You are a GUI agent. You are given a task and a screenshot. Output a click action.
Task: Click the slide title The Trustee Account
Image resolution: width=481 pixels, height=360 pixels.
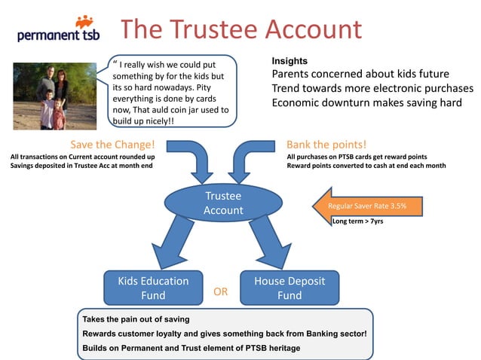pos(241,29)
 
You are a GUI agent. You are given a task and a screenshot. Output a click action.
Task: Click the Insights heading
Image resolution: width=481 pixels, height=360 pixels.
pos(290,60)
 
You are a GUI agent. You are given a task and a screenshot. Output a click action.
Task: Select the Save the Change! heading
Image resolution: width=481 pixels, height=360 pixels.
pos(112,144)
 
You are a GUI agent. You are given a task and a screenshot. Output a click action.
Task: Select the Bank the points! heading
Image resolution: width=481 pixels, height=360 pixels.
pos(326,144)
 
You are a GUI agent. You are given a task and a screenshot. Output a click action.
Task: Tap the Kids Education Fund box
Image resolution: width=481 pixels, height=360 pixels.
pos(153,288)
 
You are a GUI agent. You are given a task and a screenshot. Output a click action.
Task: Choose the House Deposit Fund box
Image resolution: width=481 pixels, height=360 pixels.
pos(289,288)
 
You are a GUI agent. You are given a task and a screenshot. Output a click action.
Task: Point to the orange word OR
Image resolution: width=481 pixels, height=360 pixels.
pos(221,291)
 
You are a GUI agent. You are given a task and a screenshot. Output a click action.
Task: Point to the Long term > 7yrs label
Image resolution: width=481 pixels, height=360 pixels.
pos(357,221)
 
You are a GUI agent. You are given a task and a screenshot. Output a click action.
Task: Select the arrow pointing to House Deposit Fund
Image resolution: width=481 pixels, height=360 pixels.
pos(269,243)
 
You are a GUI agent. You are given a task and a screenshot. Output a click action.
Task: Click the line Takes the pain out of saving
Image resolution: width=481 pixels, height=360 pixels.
pos(136,319)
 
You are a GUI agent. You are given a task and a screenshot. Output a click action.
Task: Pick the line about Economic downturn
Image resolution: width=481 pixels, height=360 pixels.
pos(366,102)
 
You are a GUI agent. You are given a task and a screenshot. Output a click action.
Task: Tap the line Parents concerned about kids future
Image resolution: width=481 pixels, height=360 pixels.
pos(360,74)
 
